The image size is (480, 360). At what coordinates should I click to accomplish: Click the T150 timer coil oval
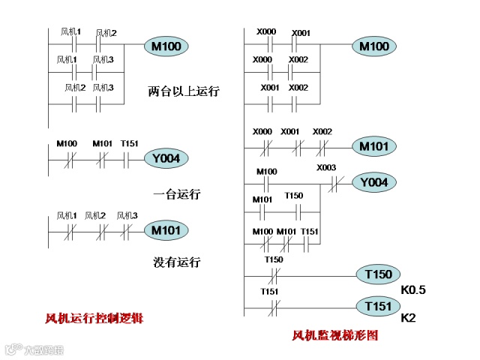379,275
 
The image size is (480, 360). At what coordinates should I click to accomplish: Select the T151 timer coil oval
379,307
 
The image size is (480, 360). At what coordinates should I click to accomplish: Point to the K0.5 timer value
413,289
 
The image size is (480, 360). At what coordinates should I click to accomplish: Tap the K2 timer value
409,319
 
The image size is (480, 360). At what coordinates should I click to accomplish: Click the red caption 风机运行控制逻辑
94,319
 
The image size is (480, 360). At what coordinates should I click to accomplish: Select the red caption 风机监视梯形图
335,335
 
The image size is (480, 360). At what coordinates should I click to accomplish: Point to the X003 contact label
326,168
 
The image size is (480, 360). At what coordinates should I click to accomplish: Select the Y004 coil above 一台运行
166,158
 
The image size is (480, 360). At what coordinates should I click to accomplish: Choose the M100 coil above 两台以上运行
166,47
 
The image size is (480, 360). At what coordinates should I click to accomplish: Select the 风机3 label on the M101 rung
127,216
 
